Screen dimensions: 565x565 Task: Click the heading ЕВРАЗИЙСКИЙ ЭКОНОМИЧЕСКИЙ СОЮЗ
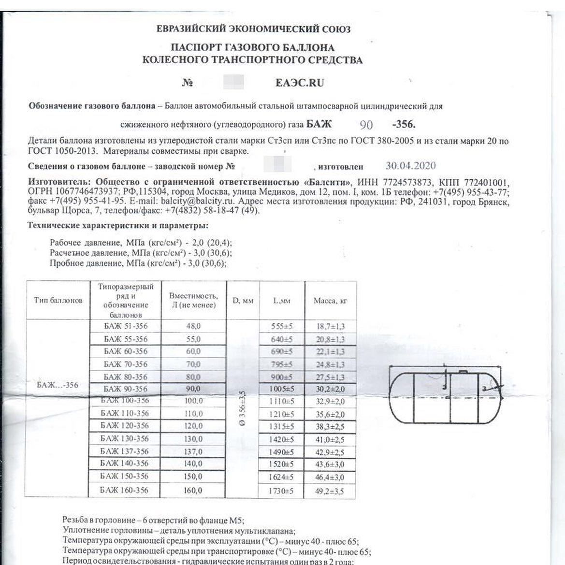coord(254,29)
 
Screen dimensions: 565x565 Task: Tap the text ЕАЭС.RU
coord(299,83)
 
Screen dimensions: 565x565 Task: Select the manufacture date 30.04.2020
coord(410,166)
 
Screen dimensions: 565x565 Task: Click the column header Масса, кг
coord(330,301)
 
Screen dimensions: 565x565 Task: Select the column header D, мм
coord(243,301)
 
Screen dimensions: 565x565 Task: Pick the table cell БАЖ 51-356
coord(125,326)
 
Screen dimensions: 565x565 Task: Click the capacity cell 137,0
coord(194,451)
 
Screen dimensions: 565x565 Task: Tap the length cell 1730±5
coord(282,491)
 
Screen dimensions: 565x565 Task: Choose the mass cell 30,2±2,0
coord(330,389)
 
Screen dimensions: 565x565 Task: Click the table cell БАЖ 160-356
coord(124,490)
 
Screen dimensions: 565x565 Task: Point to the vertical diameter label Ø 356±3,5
coord(243,408)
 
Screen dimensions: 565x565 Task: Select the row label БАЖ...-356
coord(57,385)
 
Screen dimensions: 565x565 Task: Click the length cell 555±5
coord(282,326)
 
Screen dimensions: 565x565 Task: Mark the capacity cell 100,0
coord(194,401)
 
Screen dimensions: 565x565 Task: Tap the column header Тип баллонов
coord(58,300)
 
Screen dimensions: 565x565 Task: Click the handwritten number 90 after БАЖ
coord(366,125)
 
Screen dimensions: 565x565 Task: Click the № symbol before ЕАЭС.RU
coord(188,83)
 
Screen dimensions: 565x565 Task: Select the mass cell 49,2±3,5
coord(330,491)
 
